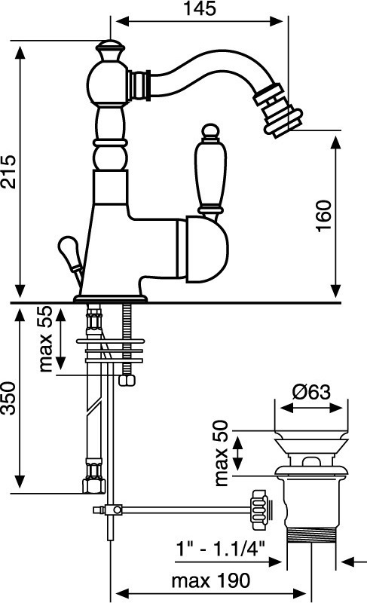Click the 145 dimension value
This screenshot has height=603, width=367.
200,9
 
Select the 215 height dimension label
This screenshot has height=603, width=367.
8,172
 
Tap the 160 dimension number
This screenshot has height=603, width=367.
323,216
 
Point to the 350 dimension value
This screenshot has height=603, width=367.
8,398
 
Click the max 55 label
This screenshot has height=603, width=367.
45,338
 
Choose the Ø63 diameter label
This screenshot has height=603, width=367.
311,392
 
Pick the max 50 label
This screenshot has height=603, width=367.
222,453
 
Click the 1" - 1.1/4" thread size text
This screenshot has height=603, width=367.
221,548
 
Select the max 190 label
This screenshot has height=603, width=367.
210,580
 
